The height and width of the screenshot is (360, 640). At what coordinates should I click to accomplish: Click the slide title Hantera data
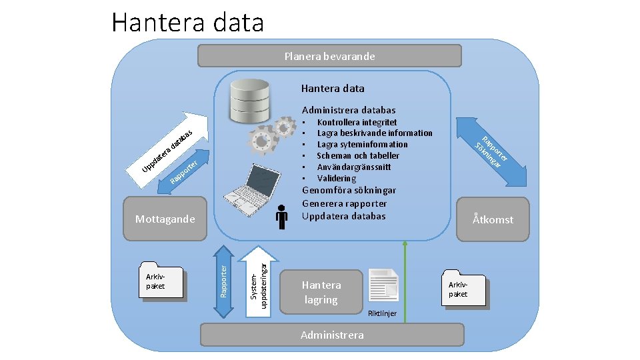[188, 23]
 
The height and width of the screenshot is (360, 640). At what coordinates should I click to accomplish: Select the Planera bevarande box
[329, 57]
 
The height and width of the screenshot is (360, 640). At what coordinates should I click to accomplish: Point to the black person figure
[282, 217]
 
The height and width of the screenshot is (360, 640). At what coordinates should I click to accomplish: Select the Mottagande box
[165, 219]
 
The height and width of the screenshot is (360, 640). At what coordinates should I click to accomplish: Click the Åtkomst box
[493, 219]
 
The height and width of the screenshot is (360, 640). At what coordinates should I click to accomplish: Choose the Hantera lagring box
[321, 292]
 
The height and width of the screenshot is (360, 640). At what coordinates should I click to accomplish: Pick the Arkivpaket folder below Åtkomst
[463, 289]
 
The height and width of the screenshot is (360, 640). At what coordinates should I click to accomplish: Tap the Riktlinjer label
[382, 313]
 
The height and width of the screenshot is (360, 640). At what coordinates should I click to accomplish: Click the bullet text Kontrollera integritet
[357, 122]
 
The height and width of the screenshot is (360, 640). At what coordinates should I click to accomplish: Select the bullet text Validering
[337, 178]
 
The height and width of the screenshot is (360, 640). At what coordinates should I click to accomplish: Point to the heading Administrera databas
[349, 110]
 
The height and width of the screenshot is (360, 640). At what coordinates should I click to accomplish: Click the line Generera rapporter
[344, 203]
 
